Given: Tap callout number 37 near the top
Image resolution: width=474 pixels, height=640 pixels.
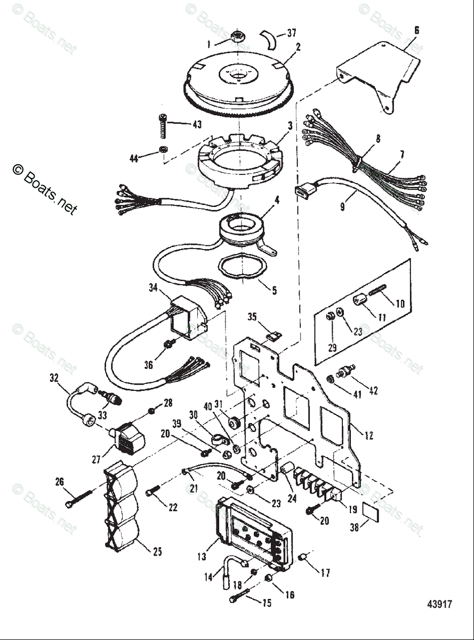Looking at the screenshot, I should click(291, 33).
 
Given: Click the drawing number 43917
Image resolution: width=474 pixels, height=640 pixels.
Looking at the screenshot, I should click(439, 604).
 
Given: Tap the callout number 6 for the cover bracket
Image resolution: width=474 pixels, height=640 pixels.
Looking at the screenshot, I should click(416, 30).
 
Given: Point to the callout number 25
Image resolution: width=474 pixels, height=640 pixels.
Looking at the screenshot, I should click(157, 552).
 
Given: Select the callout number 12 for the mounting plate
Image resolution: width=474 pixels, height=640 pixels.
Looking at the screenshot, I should click(368, 435).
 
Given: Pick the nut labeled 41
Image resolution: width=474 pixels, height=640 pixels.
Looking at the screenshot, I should click(330, 379).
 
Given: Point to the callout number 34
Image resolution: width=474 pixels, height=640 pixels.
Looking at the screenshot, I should click(153, 289).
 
